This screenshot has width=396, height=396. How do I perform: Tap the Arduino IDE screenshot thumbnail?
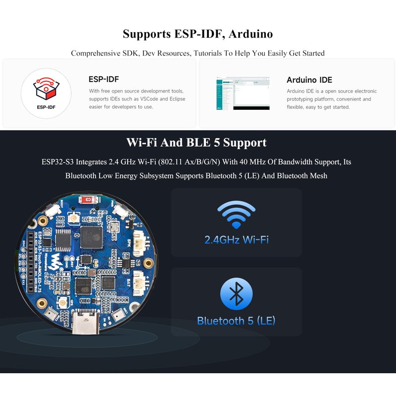(243, 94)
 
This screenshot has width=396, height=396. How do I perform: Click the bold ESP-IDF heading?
(103, 79)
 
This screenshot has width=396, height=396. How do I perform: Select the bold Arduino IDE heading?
(309, 80)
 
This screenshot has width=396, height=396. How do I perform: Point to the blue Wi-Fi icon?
(236, 214)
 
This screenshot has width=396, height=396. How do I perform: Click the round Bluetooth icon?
(236, 294)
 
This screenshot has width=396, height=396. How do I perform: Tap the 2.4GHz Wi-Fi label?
(236, 240)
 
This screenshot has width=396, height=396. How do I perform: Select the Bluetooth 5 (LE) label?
(236, 321)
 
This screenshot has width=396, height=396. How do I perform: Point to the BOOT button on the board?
(51, 216)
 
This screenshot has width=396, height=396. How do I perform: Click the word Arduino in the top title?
(251, 34)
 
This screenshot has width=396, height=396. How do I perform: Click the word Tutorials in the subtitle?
(212, 53)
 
